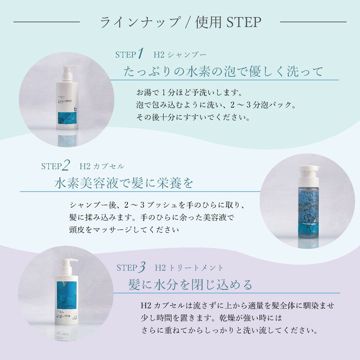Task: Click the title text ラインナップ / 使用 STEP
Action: [x=180, y=22]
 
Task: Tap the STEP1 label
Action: [x=129, y=54]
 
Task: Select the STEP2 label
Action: [x=56, y=166]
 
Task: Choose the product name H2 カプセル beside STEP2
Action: [x=102, y=166]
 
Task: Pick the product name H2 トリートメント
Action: [x=191, y=267]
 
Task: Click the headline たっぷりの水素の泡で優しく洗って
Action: [x=224, y=71]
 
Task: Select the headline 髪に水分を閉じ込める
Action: [x=190, y=284]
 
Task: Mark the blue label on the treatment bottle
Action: [x=66, y=298]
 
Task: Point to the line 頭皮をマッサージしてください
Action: [x=124, y=229]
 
